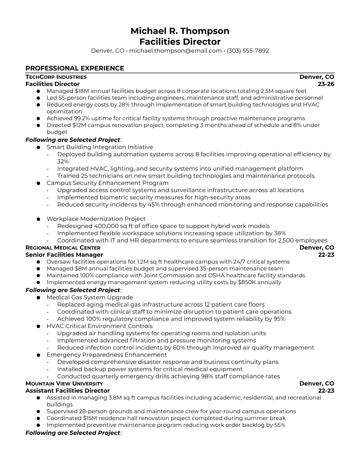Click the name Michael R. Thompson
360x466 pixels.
click(x=180, y=31)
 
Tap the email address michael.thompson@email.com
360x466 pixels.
click(x=175, y=51)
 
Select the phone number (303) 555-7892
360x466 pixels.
click(x=248, y=51)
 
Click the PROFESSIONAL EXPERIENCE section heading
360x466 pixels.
click(x=75, y=68)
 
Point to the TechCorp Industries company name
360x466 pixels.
click(x=56, y=77)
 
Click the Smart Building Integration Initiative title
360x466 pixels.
click(x=100, y=147)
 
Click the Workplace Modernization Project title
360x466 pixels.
click(x=96, y=219)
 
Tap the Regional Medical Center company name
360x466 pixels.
click(x=63, y=248)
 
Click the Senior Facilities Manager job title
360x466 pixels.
click(x=64, y=255)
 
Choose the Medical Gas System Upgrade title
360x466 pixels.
click(x=90, y=297)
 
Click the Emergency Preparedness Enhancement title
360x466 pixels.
click(x=106, y=355)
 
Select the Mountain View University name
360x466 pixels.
click(x=64, y=384)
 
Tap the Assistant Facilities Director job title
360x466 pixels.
click(x=67, y=391)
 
